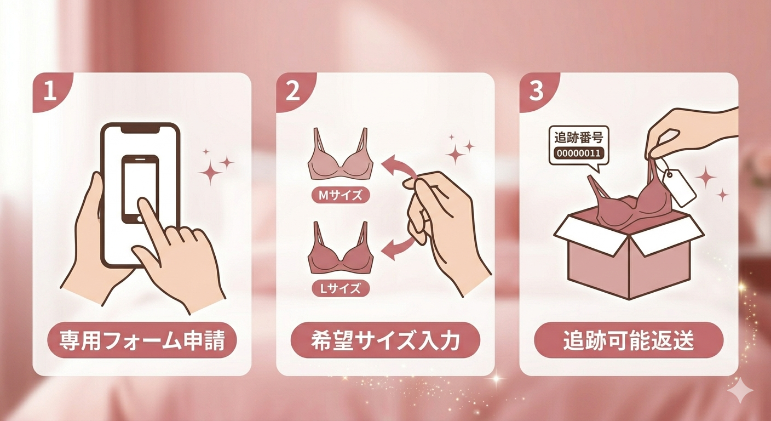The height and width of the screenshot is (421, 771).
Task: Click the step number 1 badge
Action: click(50, 92)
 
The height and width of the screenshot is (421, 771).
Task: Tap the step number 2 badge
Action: click(294, 92)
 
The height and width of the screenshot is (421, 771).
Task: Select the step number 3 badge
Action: click(536, 92)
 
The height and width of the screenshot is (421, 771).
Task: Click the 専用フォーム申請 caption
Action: click(142, 340)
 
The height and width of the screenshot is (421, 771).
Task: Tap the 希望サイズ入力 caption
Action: click(385, 340)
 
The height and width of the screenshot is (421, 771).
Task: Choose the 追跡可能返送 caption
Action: click(629, 340)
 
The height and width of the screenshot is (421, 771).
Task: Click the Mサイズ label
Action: click(341, 195)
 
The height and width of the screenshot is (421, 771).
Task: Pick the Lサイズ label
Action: click(341, 288)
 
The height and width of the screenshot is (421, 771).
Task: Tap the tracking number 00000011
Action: click(578, 153)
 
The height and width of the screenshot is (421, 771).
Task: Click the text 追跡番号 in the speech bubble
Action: click(578, 138)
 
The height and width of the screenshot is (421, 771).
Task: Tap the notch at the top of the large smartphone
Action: click(141, 129)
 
